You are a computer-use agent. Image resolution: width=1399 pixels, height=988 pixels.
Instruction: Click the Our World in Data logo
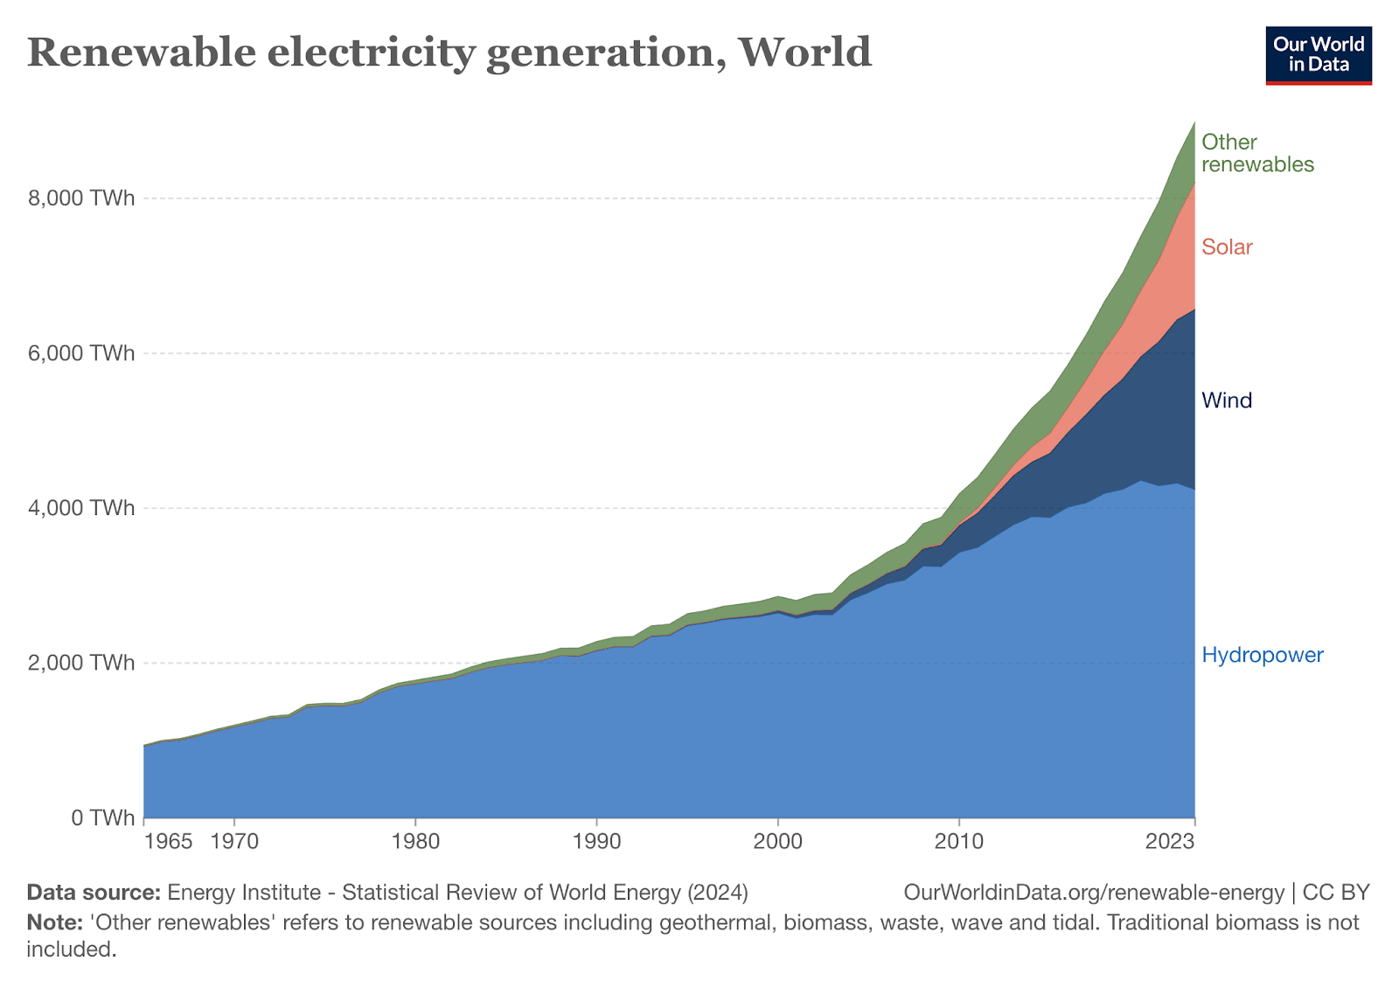tap(1319, 55)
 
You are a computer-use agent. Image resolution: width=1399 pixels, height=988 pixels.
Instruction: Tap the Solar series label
tap(1227, 247)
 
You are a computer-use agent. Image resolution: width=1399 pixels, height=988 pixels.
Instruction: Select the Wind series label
tap(1227, 400)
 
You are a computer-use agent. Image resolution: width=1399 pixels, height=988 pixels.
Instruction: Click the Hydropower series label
tap(1263, 655)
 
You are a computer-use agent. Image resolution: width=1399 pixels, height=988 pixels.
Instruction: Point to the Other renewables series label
tap(1257, 153)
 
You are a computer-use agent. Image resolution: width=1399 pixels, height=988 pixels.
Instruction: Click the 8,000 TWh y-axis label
tap(81, 198)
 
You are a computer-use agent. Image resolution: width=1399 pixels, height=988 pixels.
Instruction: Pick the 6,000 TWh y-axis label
tap(81, 353)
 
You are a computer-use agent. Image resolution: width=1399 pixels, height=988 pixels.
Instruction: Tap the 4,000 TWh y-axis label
tap(81, 508)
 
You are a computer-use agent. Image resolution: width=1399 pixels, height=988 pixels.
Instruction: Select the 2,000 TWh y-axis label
tap(81, 663)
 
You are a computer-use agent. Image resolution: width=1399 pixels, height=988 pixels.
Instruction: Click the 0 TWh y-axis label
tap(102, 818)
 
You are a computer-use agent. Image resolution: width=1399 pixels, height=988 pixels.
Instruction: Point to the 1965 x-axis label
tap(168, 842)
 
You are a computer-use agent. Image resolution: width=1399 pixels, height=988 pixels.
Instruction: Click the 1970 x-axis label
tap(234, 842)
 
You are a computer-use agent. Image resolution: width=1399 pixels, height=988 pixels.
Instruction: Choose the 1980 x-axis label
tap(415, 842)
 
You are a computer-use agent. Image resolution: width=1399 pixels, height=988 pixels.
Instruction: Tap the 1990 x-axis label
tap(596, 842)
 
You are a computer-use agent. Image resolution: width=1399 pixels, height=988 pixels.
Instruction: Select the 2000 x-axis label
tap(777, 842)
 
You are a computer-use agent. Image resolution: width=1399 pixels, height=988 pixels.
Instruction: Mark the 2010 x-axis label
tap(959, 842)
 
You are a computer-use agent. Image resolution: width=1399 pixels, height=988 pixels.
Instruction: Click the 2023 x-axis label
tap(1170, 842)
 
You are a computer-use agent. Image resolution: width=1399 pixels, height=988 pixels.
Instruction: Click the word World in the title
tap(805, 52)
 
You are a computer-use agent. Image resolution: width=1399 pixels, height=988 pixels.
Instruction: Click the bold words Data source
tap(94, 893)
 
